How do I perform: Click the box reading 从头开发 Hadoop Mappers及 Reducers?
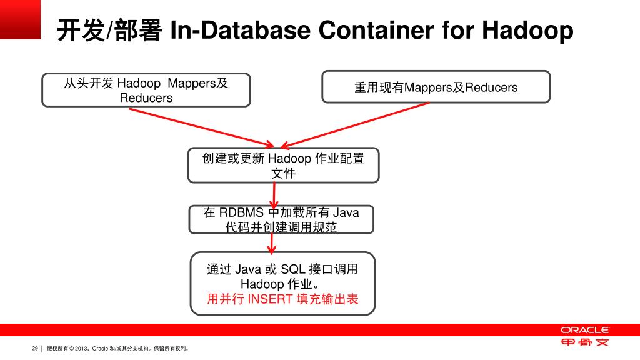coord(146,90)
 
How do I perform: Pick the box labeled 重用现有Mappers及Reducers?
coord(436,87)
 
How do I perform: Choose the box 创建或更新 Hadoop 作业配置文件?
coord(283,166)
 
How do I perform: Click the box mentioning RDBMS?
coord(282,220)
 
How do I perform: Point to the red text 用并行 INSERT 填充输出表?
coord(282,299)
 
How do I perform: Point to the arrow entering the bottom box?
coord(271,244)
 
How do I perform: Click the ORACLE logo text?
coord(584,330)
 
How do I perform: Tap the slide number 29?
coord(35,348)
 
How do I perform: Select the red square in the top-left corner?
coord(20,19)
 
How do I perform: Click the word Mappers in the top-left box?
coord(191,83)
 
